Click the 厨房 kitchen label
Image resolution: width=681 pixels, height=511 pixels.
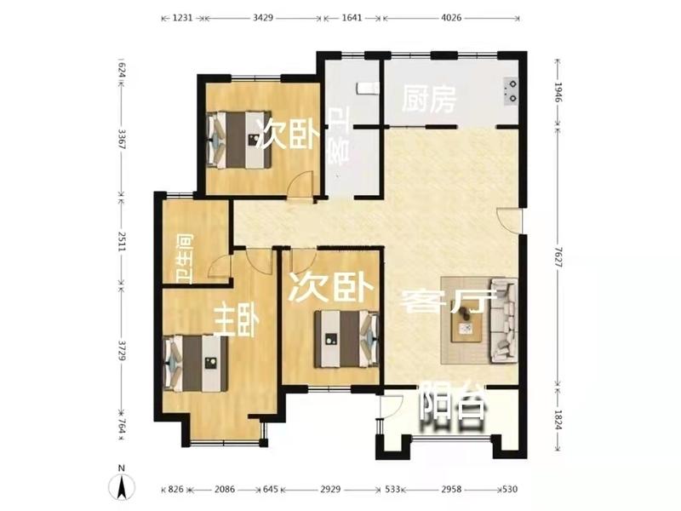(429, 99)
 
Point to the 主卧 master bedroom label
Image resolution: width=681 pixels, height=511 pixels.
(238, 320)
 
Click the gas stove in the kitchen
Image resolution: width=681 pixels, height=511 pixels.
(512, 91)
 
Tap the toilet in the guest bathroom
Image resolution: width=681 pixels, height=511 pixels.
(366, 89)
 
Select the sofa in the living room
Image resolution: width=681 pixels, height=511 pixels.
(504, 321)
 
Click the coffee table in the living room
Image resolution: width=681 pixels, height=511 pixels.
(466, 321)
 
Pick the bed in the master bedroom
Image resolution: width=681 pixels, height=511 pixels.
(196, 364)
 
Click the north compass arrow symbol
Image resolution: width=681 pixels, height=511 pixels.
(122, 485)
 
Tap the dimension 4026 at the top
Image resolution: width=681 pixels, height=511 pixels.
(451, 18)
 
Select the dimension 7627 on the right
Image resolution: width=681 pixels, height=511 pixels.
(558, 258)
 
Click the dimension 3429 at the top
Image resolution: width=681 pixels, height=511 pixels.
(263, 18)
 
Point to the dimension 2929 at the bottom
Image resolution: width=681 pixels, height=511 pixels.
(330, 489)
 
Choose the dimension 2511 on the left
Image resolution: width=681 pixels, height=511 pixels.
(121, 240)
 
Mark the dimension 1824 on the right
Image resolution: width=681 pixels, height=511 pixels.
(558, 420)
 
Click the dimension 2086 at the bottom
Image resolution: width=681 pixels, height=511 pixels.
(225, 489)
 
